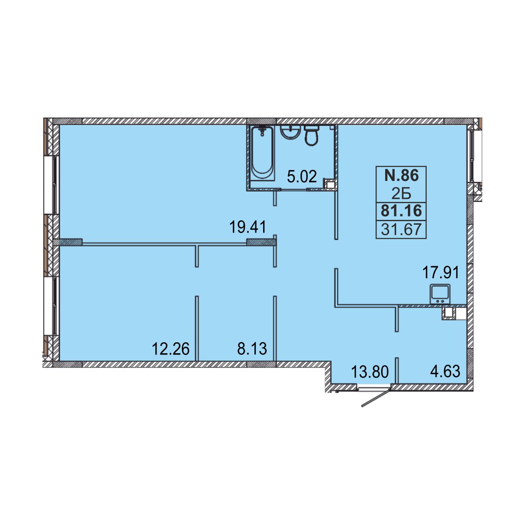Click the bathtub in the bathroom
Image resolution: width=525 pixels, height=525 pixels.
click(x=262, y=153)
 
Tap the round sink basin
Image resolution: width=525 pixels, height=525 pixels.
click(x=290, y=133)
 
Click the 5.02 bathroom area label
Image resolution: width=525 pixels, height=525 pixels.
click(x=302, y=176)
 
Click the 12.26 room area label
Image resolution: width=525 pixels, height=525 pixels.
click(x=170, y=349)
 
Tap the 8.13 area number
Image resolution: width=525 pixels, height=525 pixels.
click(x=252, y=349)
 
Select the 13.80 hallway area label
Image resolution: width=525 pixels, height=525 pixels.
click(x=370, y=372)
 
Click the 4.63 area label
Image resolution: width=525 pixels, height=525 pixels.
click(x=445, y=371)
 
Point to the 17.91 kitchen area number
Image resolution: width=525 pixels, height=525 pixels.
click(x=441, y=273)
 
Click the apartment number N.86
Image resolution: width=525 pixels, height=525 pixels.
click(x=401, y=175)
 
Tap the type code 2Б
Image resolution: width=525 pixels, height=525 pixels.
click(x=401, y=194)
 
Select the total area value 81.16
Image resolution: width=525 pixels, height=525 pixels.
click(x=401, y=211)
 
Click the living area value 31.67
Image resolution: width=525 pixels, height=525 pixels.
click(x=401, y=229)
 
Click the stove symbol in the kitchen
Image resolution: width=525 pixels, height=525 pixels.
click(x=440, y=294)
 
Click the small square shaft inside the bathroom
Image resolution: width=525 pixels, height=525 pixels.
click(x=330, y=184)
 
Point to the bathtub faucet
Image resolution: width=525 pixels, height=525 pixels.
click(x=262, y=131)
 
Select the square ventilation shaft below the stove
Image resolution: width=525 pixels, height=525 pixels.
click(x=448, y=313)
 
